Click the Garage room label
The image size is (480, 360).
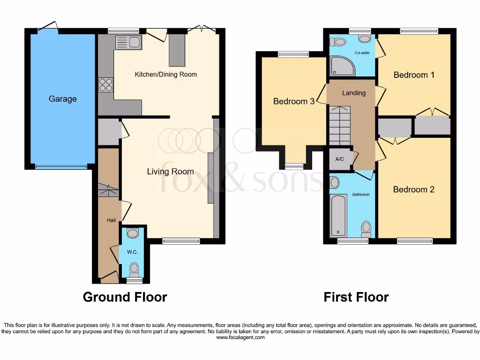(x=62, y=99)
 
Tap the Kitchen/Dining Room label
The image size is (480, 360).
(x=166, y=74)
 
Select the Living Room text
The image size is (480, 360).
(x=170, y=172)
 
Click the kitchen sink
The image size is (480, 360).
(x=128, y=42)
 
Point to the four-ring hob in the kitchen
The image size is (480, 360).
(x=106, y=84)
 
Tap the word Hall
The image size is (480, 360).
(x=111, y=219)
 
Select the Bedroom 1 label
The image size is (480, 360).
(x=411, y=75)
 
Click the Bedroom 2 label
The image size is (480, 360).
(x=413, y=189)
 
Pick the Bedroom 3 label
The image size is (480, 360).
(x=293, y=101)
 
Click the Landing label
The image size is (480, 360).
(x=353, y=93)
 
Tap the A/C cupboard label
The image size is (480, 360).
(x=340, y=159)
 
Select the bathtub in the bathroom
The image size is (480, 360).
(x=338, y=216)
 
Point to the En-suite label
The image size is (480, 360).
(x=361, y=53)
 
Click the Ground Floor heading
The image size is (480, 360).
(x=125, y=297)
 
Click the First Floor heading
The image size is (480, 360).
(x=356, y=297)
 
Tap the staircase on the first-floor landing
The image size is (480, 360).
(x=340, y=126)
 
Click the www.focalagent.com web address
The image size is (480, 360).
(x=240, y=337)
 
